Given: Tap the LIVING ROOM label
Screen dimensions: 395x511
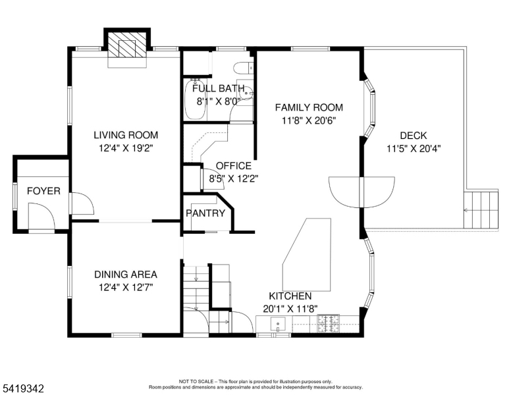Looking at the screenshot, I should tap(125, 135).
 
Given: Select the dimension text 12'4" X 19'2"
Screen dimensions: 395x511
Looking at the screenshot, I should tap(125, 149).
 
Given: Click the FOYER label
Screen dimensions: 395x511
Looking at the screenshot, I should tap(43, 192).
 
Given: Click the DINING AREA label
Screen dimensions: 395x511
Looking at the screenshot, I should tap(125, 274).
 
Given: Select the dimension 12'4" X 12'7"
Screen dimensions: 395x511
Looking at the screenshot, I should tap(125, 288).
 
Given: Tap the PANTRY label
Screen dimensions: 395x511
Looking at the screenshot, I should tap(205, 213).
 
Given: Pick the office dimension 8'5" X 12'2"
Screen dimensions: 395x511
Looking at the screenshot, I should tap(234, 178).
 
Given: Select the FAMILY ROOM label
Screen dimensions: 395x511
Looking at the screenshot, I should tap(309, 107).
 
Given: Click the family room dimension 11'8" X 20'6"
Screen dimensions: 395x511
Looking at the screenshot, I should tap(309, 121).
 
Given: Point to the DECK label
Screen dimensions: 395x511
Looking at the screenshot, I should tap(413, 135).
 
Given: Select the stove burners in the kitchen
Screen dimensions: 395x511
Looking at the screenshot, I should tap(328, 323).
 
